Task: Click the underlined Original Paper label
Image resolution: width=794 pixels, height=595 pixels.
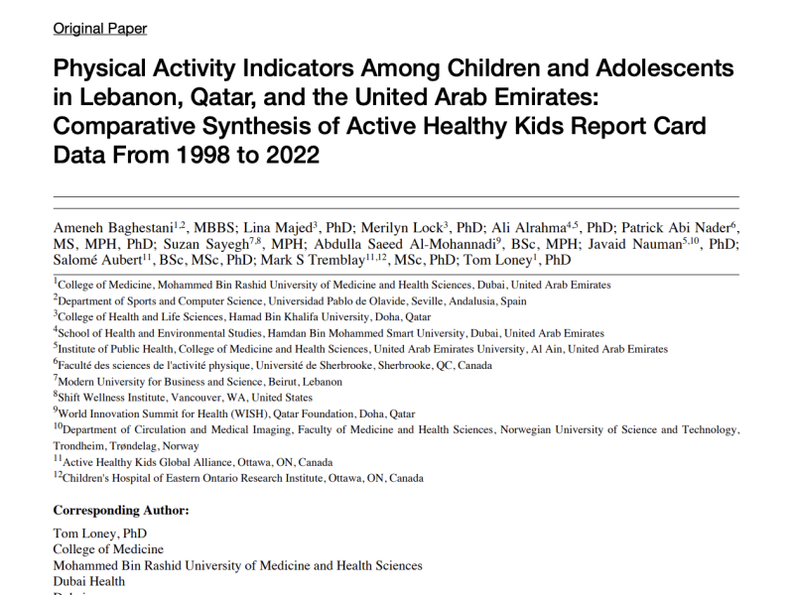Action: click(x=99, y=29)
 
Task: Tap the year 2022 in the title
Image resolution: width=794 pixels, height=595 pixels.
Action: click(x=284, y=156)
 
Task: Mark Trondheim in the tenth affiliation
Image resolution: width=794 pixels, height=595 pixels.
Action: click(x=81, y=446)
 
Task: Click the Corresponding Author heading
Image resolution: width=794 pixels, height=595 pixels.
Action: click(x=120, y=511)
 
